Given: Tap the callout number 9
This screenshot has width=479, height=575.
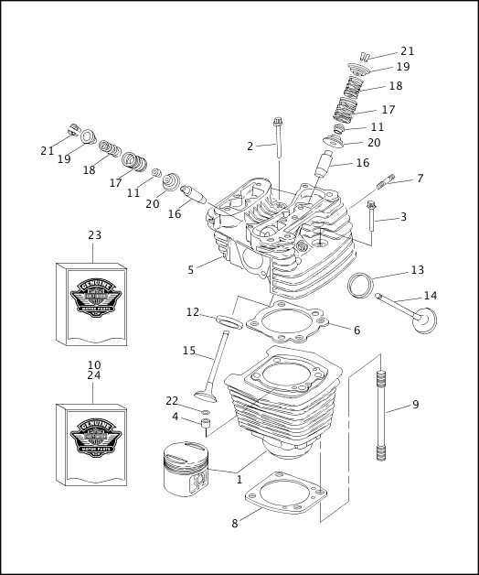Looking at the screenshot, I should pyautogui.click(x=415, y=405).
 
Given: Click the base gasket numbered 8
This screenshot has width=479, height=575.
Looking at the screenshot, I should pyautogui.click(x=283, y=502).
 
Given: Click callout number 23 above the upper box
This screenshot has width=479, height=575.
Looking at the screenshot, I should pyautogui.click(x=94, y=235).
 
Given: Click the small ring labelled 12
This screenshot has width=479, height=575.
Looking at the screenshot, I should pyautogui.click(x=229, y=321).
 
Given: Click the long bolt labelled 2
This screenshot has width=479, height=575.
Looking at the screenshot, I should pyautogui.click(x=278, y=137).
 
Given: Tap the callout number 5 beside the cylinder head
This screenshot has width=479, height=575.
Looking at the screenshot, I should pyautogui.click(x=191, y=270).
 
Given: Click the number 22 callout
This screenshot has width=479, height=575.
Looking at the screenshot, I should pyautogui.click(x=172, y=401).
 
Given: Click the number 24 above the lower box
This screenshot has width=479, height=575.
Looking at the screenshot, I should pyautogui.click(x=94, y=375).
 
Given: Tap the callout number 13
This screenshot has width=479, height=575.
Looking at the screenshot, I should pyautogui.click(x=417, y=270).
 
